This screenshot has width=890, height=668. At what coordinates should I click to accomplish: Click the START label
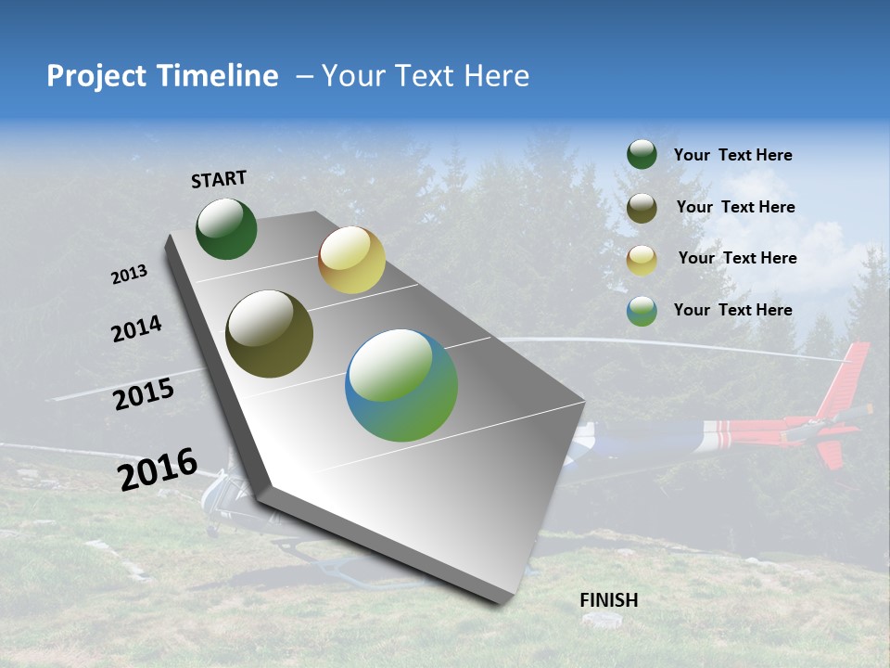point(219,179)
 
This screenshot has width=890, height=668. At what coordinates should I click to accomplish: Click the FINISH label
point(609,600)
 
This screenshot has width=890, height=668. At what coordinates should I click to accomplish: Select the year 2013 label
point(130,275)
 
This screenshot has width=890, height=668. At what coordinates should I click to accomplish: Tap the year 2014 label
point(136,328)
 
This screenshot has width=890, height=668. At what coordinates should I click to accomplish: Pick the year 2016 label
point(158,469)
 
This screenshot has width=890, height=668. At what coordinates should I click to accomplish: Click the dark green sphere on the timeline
point(226,229)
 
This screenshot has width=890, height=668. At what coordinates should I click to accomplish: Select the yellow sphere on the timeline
point(351,260)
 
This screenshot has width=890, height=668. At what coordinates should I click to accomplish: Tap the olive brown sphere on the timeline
point(269,334)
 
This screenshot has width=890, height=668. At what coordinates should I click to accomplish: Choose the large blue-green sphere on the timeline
point(401,385)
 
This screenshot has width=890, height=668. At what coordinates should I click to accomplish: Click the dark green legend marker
point(642,155)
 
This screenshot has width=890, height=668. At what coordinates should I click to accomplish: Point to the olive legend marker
point(642,208)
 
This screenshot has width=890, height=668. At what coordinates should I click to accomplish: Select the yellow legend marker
point(642,260)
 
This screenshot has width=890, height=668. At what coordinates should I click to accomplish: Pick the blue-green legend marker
point(642,311)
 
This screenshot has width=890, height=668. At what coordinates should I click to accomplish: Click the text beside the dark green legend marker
point(732,155)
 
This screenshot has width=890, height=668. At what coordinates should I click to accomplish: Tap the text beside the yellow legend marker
point(737,258)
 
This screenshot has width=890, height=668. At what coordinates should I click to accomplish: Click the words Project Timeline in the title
point(162,76)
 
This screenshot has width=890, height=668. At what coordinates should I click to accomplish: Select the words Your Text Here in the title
point(425,76)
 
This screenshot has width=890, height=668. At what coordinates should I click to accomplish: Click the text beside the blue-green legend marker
point(732,310)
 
